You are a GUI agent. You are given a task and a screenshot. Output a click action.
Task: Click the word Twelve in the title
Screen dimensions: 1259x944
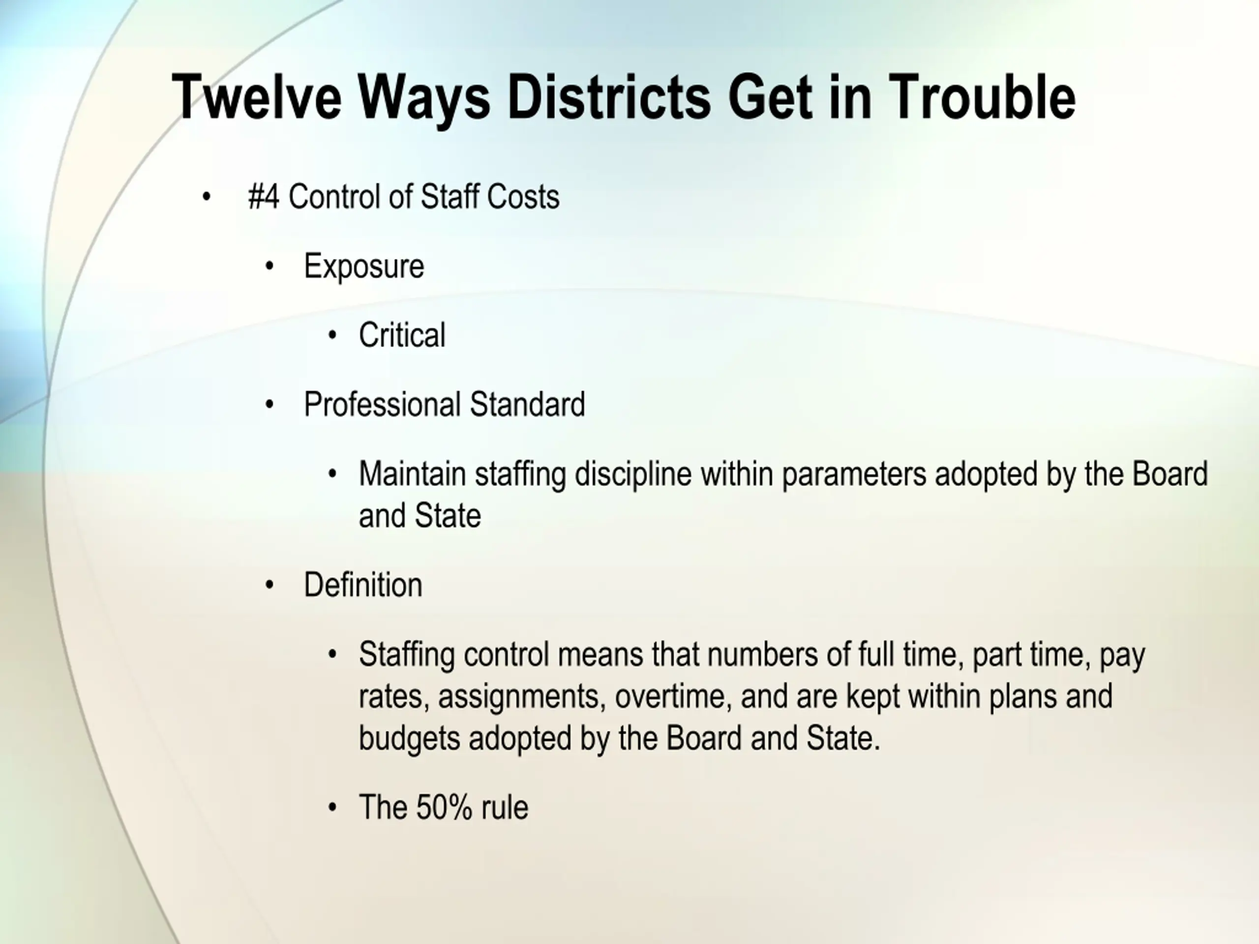257,97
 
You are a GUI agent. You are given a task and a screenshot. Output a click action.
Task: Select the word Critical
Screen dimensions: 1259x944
402,335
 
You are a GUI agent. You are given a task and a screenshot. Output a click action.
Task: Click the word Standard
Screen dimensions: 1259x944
528,405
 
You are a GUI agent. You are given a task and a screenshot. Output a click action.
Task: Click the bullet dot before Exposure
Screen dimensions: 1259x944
270,265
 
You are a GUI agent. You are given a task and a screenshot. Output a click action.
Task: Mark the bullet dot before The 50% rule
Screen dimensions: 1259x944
333,807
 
